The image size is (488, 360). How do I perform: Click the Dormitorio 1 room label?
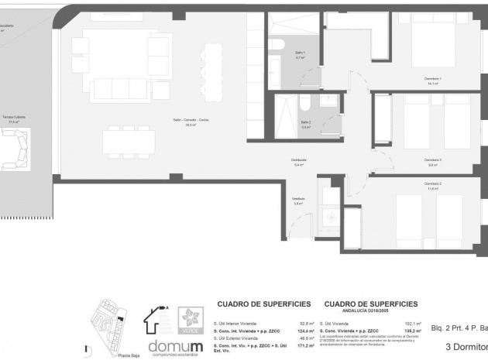433,79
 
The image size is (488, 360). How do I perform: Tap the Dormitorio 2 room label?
433,184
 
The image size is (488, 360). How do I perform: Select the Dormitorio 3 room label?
435,160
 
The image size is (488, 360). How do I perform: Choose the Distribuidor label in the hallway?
300,161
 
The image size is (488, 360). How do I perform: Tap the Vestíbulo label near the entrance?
298,200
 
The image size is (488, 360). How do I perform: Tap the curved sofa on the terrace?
15,149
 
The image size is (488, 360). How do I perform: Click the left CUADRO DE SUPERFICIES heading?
264,304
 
